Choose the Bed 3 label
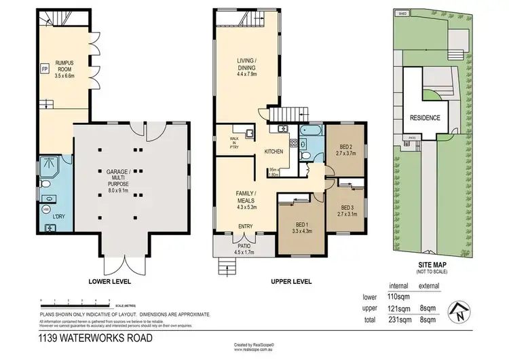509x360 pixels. click(x=347, y=211)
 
